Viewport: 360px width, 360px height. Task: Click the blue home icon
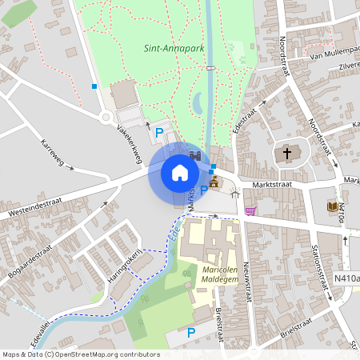coord(179,172)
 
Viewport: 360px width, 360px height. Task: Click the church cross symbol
coord(286,154)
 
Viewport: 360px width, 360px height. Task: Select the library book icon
coord(332,206)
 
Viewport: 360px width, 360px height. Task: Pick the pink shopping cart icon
coord(251,211)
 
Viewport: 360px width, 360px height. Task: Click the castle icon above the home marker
coord(196,154)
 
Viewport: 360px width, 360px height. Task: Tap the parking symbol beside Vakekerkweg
coord(158,132)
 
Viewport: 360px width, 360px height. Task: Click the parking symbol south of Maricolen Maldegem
coord(190,332)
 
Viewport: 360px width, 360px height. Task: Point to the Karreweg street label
coord(55,154)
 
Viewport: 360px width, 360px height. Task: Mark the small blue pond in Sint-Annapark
coord(198,102)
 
